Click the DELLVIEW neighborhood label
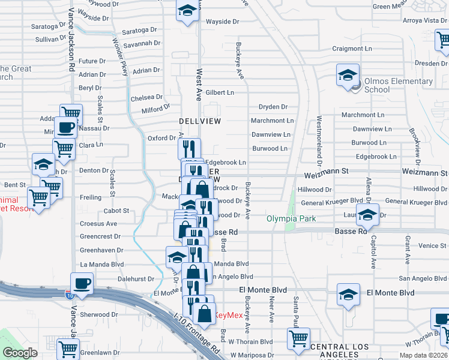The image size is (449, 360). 200,121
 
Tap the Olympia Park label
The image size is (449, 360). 291,219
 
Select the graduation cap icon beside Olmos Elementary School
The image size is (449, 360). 348,76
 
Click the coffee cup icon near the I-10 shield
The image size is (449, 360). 82,283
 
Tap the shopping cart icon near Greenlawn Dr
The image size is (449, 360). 68,349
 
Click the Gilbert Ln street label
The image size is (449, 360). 220,93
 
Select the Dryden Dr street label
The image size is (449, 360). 273,107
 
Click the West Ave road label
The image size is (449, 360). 199,84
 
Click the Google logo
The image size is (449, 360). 20,353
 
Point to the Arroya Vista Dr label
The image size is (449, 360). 426,20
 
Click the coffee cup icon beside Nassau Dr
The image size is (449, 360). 65,127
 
